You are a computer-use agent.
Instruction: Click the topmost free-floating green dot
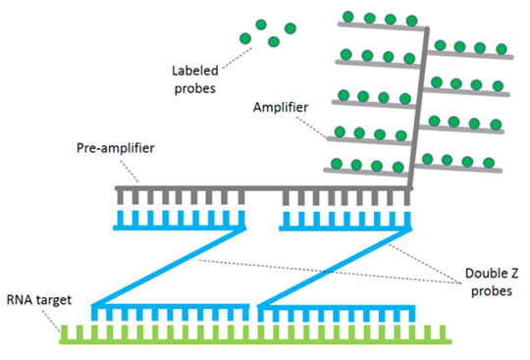tap(260, 25)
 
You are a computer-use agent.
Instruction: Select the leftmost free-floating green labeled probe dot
tap(245, 39)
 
